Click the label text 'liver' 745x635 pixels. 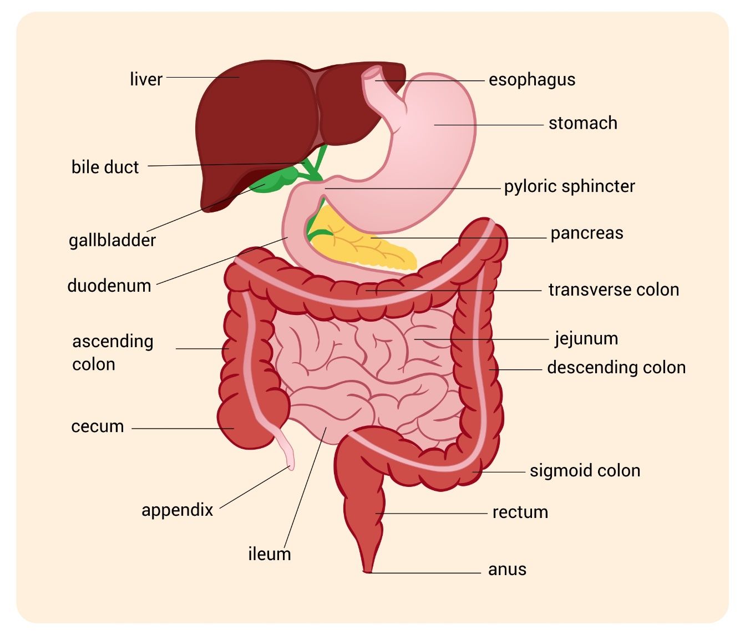pyautogui.click(x=146, y=79)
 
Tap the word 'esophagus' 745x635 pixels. pyautogui.click(x=531, y=80)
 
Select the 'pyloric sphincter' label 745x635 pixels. pyautogui.click(x=570, y=187)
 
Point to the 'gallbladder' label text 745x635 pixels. pyautogui.click(x=113, y=240)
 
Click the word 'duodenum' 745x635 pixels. pyautogui.click(x=109, y=286)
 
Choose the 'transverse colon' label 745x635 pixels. pyautogui.click(x=614, y=289)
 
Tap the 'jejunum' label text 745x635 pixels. pyautogui.click(x=586, y=339)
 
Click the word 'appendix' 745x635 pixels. pyautogui.click(x=178, y=510)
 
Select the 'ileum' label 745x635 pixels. pyautogui.click(x=270, y=554)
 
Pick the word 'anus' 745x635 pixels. pyautogui.click(x=507, y=570)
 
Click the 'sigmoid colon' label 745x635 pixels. pyautogui.click(x=585, y=471)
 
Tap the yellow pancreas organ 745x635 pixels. pyautogui.click(x=364, y=241)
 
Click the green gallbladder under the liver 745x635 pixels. pyautogui.click(x=276, y=180)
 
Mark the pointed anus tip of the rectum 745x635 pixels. pyautogui.click(x=367, y=572)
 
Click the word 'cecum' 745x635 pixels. pyautogui.click(x=98, y=426)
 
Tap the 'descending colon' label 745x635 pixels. pyautogui.click(x=616, y=368)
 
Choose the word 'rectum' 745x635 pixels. pyautogui.click(x=520, y=512)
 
